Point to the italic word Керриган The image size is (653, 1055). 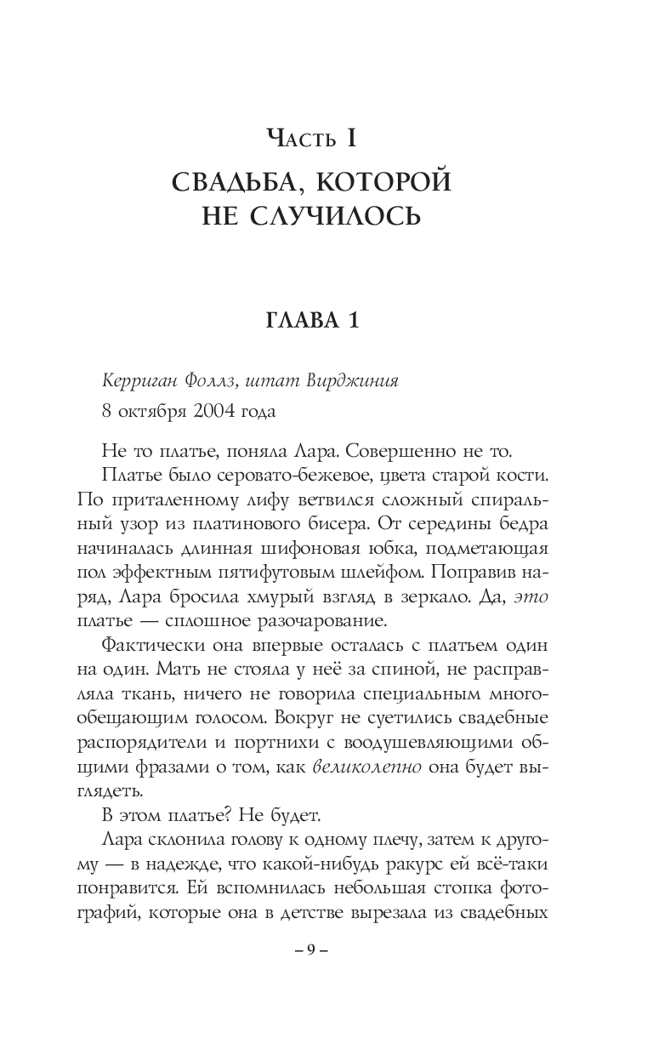[138, 381]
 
